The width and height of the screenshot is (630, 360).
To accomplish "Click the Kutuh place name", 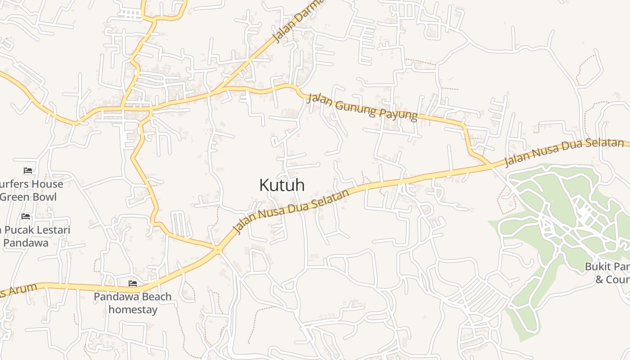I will click(x=282, y=185).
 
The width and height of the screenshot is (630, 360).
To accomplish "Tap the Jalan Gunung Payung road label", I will click(x=362, y=107).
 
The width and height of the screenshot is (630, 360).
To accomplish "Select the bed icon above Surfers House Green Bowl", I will click(x=28, y=171).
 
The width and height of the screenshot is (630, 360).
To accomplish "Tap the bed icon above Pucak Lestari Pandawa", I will click(x=26, y=216).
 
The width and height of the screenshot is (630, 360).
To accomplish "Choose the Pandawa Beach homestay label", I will click(x=133, y=303).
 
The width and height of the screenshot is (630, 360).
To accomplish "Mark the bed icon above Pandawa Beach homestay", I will click(x=133, y=283).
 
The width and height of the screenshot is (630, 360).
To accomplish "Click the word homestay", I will click(x=133, y=310).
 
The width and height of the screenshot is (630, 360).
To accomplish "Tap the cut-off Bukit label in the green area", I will click(x=607, y=267).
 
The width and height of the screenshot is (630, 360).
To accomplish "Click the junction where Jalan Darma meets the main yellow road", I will click(x=220, y=89).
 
